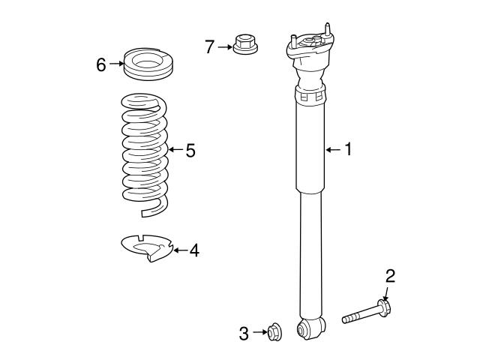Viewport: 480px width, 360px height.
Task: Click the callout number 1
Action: [347, 150]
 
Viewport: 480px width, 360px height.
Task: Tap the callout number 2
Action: [390, 276]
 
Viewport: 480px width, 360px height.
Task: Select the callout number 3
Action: [244, 334]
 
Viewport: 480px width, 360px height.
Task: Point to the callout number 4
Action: [194, 250]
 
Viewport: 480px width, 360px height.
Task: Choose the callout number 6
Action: [101, 64]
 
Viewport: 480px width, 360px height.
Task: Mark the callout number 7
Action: [210, 47]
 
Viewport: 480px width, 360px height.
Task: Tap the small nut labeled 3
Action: [274, 331]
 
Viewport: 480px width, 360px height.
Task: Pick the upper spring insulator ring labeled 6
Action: [148, 63]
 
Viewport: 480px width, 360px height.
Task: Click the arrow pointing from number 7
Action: [226, 47]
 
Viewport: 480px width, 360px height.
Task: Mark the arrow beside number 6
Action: [115, 64]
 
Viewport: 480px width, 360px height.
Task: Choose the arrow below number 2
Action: [387, 293]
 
